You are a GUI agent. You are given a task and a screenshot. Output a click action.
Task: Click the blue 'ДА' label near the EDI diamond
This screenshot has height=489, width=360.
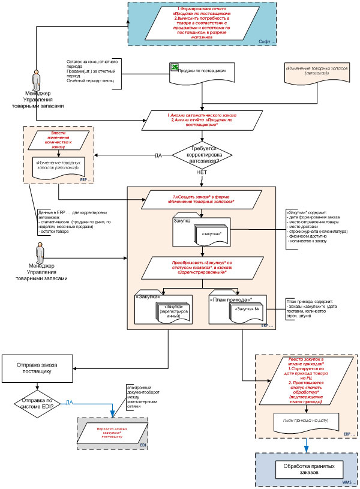point(70,401)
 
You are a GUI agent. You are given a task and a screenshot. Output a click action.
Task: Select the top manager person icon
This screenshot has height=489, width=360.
point(37,80)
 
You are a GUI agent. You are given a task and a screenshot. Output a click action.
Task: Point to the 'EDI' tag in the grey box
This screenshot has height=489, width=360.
point(143,446)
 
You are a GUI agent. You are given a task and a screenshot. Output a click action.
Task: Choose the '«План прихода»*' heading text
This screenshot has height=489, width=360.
point(230,298)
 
